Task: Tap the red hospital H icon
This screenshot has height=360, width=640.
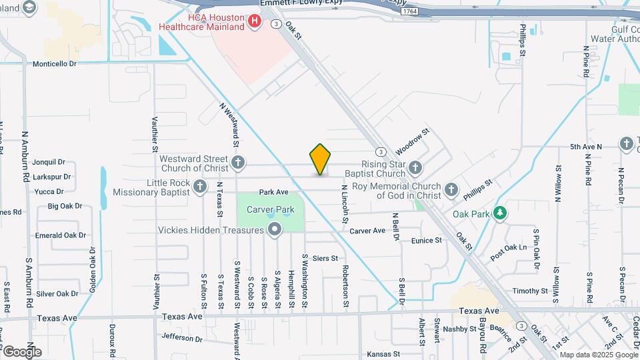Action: point(254,22)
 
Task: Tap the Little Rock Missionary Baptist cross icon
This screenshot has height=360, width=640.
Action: point(201,187)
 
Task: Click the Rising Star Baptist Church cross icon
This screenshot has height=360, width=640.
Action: point(415,168)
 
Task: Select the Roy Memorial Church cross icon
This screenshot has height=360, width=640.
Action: point(451,191)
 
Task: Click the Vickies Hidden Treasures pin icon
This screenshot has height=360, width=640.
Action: point(275,230)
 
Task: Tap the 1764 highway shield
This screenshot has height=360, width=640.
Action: point(410,11)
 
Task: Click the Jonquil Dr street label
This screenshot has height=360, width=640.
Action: point(49,162)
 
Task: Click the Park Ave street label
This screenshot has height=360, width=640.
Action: point(273,192)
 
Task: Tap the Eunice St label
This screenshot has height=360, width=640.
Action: point(427,240)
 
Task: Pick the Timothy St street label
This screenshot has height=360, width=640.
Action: point(530,291)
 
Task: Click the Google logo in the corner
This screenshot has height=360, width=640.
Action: point(22,351)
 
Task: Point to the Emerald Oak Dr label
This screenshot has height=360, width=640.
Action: point(61,235)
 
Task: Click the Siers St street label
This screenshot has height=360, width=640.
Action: point(325,258)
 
